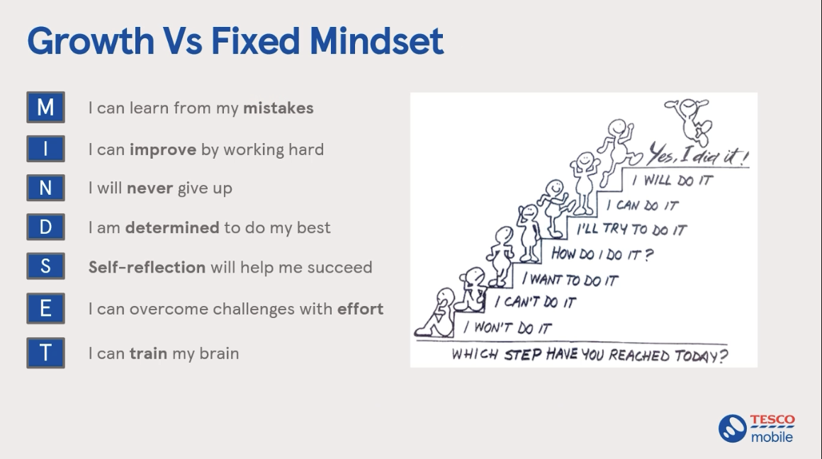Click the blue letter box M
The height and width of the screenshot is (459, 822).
pyautogui.click(x=45, y=108)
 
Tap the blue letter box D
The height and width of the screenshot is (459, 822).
pyautogui.click(x=45, y=227)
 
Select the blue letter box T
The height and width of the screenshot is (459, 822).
pyautogui.click(x=45, y=353)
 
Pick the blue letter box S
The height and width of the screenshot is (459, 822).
pyautogui.click(x=45, y=266)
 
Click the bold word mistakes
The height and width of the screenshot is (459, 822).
pyautogui.click(x=278, y=108)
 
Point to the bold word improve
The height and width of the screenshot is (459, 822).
pyautogui.click(x=163, y=150)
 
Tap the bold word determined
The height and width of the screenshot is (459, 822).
pyautogui.click(x=172, y=227)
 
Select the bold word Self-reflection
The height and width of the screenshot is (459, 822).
pyautogui.click(x=147, y=267)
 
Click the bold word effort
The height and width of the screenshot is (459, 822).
pyautogui.click(x=360, y=309)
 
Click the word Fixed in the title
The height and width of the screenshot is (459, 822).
pyautogui.click(x=255, y=41)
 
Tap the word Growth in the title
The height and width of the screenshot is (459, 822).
pyautogui.click(x=90, y=41)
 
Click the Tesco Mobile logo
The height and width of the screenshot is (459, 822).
pyautogui.click(x=757, y=429)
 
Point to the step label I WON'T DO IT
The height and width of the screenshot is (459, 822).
pyautogui.click(x=507, y=327)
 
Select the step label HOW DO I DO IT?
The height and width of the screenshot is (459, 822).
pyautogui.click(x=602, y=255)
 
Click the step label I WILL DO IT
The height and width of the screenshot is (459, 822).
pyautogui.click(x=672, y=180)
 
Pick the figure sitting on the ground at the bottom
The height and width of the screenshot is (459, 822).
pyautogui.click(x=437, y=313)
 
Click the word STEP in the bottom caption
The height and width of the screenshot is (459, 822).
pyautogui.click(x=522, y=355)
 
